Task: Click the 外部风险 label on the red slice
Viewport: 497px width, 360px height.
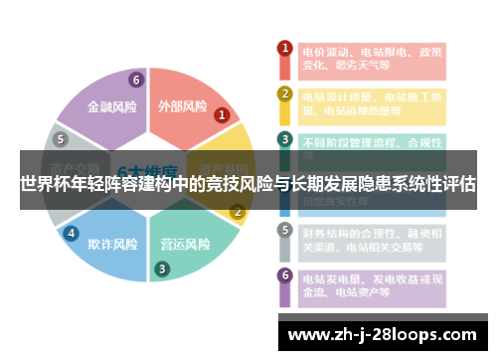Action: coord(183,105)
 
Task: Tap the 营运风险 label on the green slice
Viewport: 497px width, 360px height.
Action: coord(186,244)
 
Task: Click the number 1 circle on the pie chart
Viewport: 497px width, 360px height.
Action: coord(222,114)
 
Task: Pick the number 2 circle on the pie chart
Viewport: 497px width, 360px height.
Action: coord(238,211)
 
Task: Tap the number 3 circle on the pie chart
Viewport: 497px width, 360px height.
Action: coord(162,268)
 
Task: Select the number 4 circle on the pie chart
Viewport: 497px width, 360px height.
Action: coord(72,233)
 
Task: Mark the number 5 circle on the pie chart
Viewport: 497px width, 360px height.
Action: coord(60,139)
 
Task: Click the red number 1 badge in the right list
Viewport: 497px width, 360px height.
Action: coord(284,48)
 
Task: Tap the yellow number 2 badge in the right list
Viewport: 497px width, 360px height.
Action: coord(284,94)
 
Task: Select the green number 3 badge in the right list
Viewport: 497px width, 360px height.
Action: coord(284,139)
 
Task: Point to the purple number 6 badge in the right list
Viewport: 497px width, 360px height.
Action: coord(284,275)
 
